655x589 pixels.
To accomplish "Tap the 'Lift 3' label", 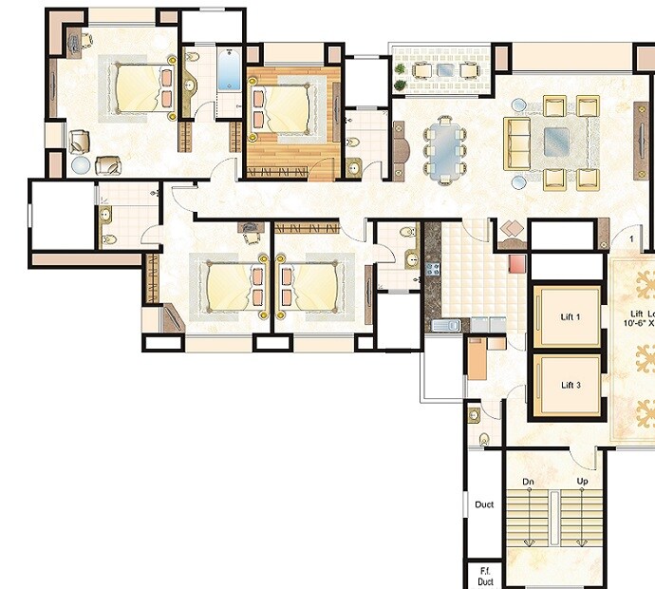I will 569,385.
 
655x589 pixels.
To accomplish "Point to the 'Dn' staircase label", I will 529,483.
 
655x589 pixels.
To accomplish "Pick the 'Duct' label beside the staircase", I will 483,505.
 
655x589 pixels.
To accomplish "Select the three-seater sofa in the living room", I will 517,143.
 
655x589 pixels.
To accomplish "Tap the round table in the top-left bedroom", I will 81,165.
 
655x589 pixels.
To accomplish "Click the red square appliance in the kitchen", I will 517,264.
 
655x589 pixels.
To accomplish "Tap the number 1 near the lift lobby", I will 629,237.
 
